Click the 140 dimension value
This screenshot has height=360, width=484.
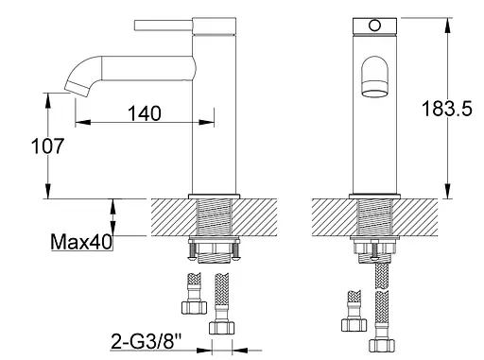pos(145,113)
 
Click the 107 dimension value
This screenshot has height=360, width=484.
pos(48,146)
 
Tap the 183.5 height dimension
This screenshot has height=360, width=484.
pos(447,109)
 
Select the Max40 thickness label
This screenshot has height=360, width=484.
pos(81,242)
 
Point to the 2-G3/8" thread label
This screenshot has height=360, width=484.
pos(147,341)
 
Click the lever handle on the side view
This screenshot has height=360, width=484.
pos(164,26)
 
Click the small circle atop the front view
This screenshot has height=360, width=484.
pos(374,26)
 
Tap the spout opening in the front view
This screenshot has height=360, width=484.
pos(374,94)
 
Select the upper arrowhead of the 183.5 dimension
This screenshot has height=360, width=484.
pos(447,25)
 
